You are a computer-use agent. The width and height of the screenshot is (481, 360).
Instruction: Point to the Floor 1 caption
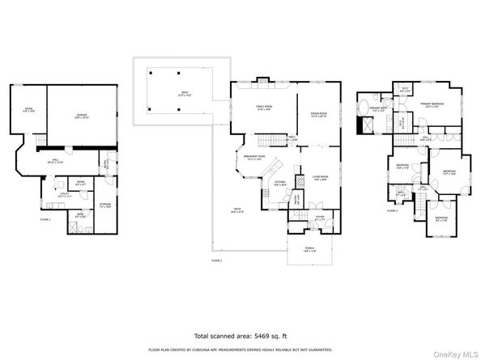pos(45,219)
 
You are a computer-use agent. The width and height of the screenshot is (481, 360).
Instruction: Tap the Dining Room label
pos(317,114)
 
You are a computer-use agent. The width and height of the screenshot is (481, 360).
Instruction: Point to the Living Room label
pos(319,177)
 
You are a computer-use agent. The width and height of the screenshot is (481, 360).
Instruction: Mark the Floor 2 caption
pos(216,260)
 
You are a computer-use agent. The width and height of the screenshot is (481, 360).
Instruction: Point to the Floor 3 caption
pos(392,211)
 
